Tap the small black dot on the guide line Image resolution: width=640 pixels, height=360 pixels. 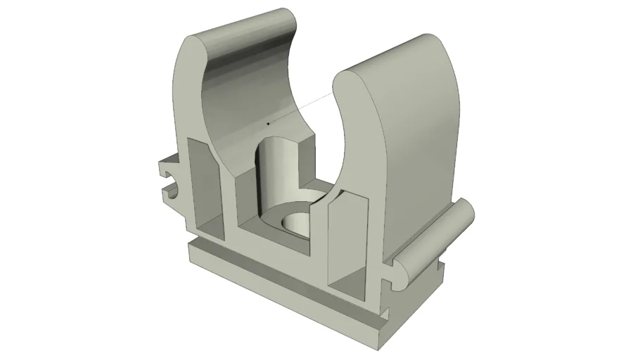268,124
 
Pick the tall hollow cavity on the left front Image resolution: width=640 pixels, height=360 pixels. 203,186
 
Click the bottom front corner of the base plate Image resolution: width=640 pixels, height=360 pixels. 380,345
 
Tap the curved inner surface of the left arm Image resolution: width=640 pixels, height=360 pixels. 239,91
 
